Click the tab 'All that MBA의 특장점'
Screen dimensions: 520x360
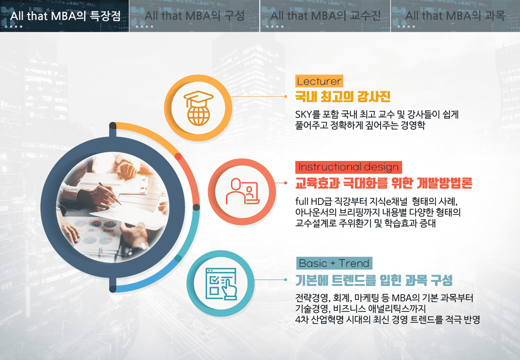tap(64, 16)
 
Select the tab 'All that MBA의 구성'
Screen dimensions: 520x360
tap(194, 16)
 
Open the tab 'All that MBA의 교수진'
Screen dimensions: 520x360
tap(325, 16)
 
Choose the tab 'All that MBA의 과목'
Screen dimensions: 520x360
tap(455, 16)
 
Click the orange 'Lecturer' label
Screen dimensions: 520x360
tap(319, 81)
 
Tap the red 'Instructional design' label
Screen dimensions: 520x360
tap(348, 167)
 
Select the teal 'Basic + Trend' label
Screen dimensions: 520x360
tap(334, 263)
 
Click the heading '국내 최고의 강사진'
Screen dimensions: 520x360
tap(343, 97)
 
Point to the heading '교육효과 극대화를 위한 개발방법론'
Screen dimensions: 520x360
tap(383, 183)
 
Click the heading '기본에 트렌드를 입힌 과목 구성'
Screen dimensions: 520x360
tap(374, 280)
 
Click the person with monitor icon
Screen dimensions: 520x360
tap(242, 191)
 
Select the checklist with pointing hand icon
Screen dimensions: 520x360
tap(221, 284)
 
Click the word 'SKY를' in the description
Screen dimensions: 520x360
tap(308, 114)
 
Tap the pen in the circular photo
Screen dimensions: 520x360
tap(110, 193)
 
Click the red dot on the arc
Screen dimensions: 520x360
tap(178, 156)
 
